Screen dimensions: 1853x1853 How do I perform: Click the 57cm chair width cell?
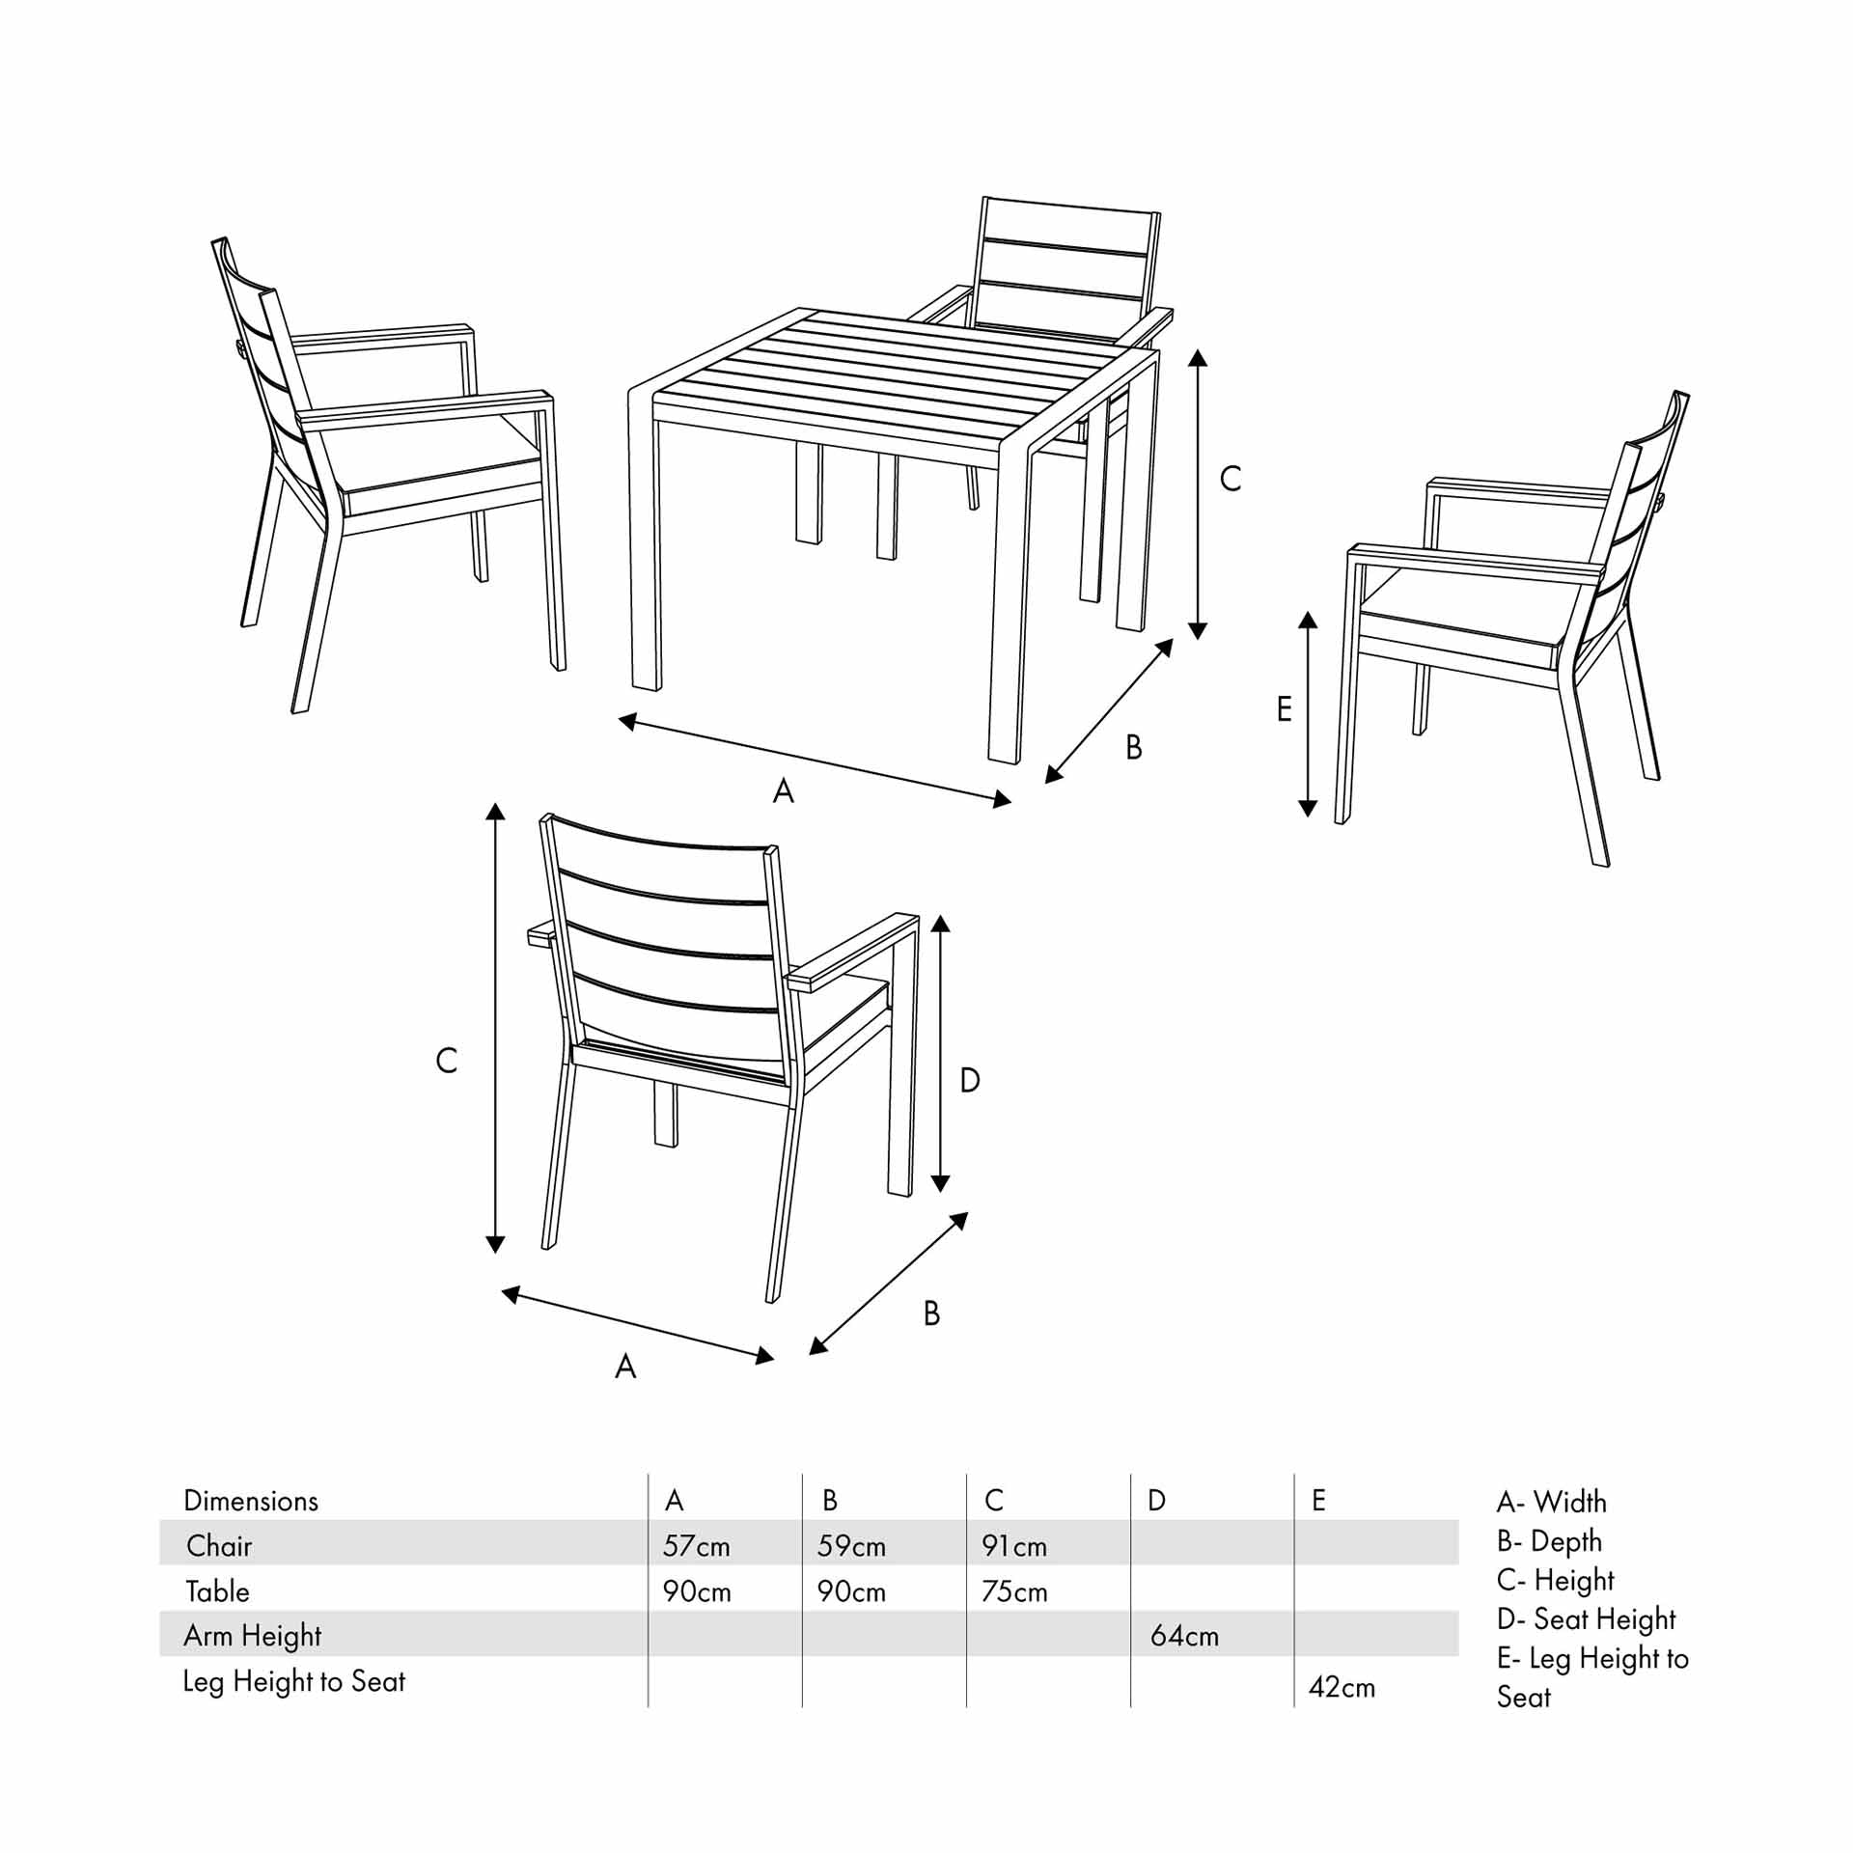[x=696, y=1546]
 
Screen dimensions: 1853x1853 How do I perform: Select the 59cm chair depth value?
[x=850, y=1546]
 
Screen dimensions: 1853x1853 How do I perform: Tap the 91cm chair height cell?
[x=1013, y=1546]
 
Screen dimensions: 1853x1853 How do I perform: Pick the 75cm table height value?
[x=1013, y=1591]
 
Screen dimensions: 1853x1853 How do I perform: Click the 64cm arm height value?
[x=1183, y=1636]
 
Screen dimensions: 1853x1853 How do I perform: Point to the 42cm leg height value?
[x=1341, y=1687]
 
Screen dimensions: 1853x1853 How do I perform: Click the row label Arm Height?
[x=252, y=1636]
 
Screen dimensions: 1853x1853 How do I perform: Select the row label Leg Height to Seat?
[x=293, y=1681]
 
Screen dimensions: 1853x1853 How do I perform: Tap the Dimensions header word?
[x=250, y=1501]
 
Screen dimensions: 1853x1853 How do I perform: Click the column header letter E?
[x=1318, y=1501]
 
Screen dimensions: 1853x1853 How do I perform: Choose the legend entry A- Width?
[x=1551, y=1502]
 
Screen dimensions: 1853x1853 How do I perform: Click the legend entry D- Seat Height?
[x=1586, y=1618]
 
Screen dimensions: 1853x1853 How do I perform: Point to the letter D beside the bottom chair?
[x=970, y=1080]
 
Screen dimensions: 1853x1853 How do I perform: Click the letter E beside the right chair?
[x=1284, y=709]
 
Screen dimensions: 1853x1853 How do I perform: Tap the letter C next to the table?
[x=1230, y=479]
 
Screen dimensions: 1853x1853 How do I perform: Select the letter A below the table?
[x=783, y=791]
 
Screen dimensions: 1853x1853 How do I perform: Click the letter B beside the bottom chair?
[x=931, y=1314]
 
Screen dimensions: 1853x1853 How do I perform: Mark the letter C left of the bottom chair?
[x=446, y=1061]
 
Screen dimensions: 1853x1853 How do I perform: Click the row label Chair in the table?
[x=219, y=1546]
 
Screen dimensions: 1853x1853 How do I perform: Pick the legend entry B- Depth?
[x=1549, y=1541]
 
